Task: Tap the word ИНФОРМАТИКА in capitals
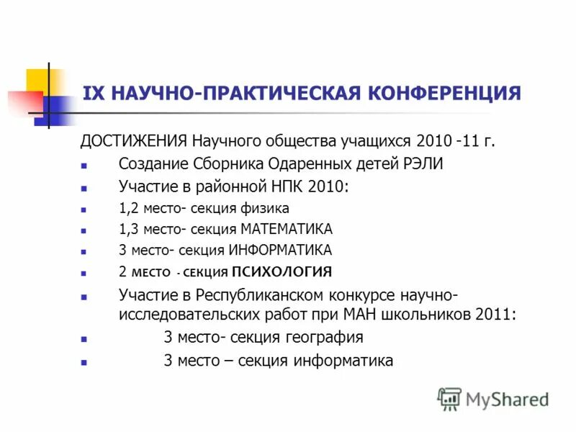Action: (280, 251)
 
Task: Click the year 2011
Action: (496, 315)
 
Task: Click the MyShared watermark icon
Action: (449, 398)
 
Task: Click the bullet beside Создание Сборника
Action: (84, 165)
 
